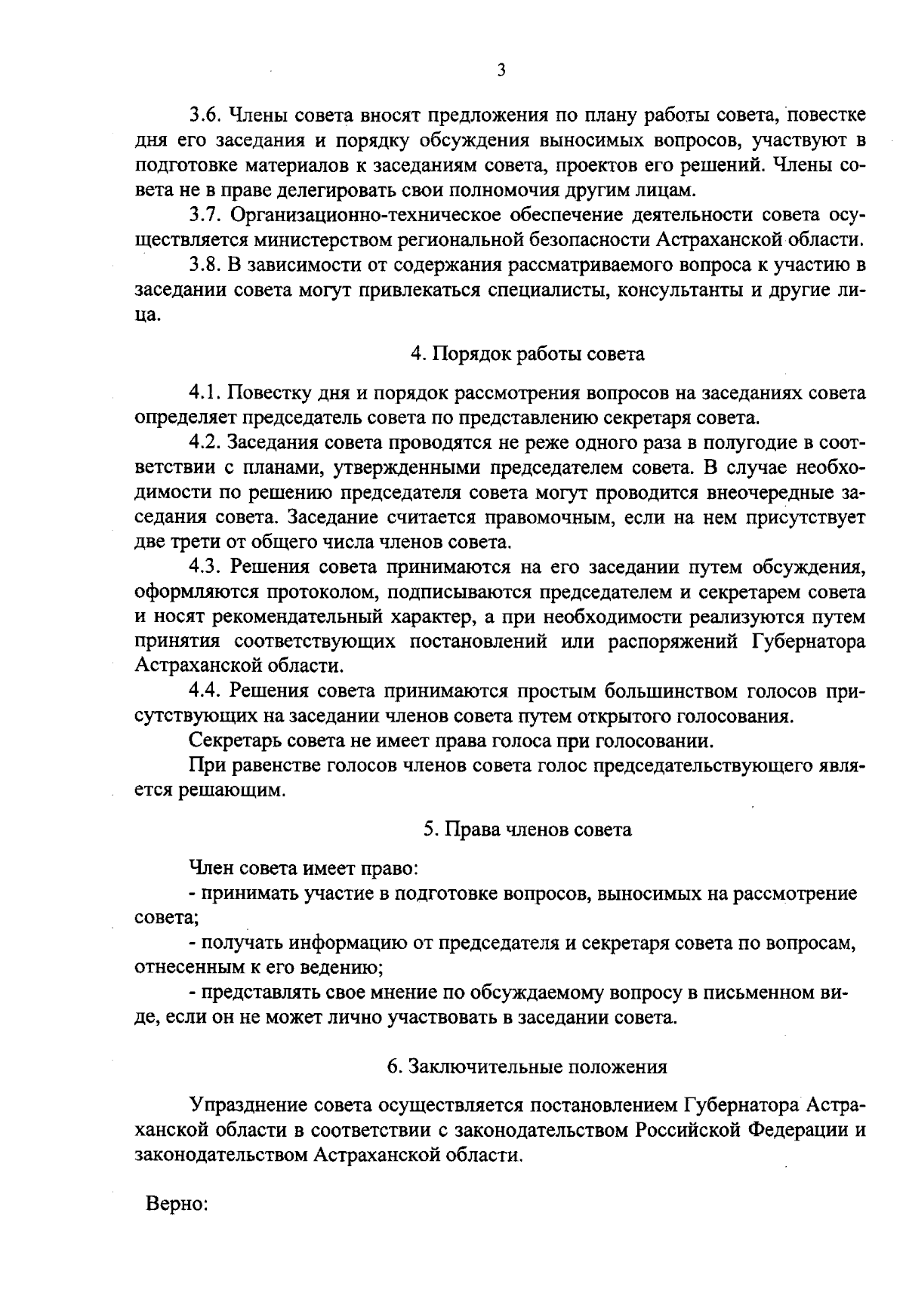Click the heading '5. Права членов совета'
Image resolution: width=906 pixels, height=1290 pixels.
pyautogui.click(x=527, y=830)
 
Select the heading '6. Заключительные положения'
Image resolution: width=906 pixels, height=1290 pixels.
pyautogui.click(x=527, y=1067)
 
